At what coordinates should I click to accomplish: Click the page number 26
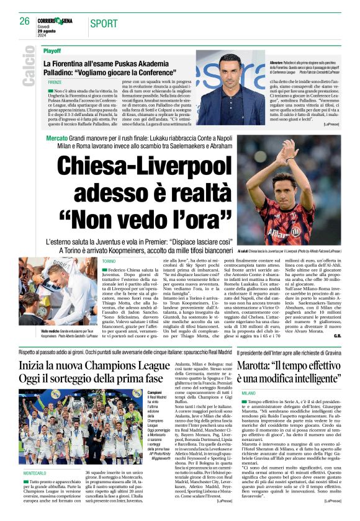pos(24,20)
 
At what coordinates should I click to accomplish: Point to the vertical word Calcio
pos(28,66)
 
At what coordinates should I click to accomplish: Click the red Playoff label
pos(52,51)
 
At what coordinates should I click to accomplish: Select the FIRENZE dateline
pos(55,82)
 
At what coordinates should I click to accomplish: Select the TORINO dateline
pos(110,262)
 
